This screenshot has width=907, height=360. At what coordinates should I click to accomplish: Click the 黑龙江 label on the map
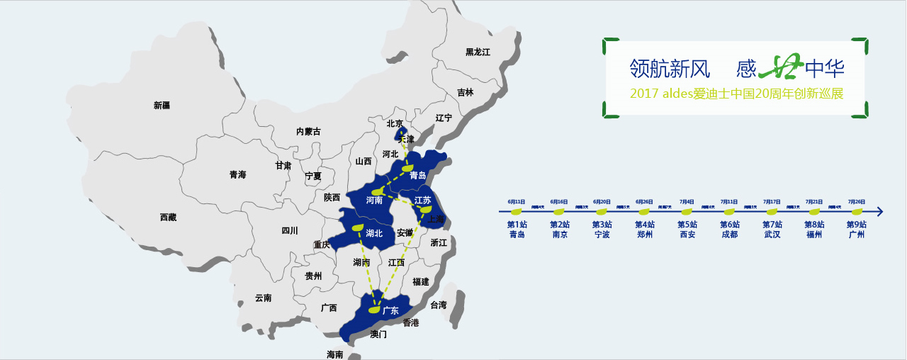[478, 52]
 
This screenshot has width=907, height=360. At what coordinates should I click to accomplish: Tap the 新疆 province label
[162, 106]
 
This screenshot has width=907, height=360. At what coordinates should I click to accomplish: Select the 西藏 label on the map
[169, 218]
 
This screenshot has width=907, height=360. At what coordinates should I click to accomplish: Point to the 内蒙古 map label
[308, 131]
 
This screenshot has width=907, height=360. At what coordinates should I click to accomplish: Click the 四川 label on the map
[290, 230]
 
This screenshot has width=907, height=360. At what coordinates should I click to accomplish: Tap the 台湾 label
[439, 305]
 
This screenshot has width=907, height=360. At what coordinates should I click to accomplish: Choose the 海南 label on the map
[334, 354]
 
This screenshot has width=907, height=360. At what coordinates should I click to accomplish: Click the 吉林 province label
[465, 92]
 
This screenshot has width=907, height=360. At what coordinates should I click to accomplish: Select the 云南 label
[263, 298]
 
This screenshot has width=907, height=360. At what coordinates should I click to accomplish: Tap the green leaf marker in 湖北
[358, 227]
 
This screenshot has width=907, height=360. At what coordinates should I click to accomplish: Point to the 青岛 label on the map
[418, 175]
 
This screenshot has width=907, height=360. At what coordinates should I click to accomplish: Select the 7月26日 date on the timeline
[856, 201]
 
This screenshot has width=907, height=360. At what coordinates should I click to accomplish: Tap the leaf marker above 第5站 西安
[687, 211]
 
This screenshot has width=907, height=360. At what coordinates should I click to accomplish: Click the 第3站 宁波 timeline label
[602, 230]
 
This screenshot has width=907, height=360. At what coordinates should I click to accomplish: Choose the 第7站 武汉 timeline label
[772, 230]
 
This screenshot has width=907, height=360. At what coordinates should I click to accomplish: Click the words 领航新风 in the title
[670, 69]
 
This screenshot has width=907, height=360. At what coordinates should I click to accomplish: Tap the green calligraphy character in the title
[781, 67]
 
